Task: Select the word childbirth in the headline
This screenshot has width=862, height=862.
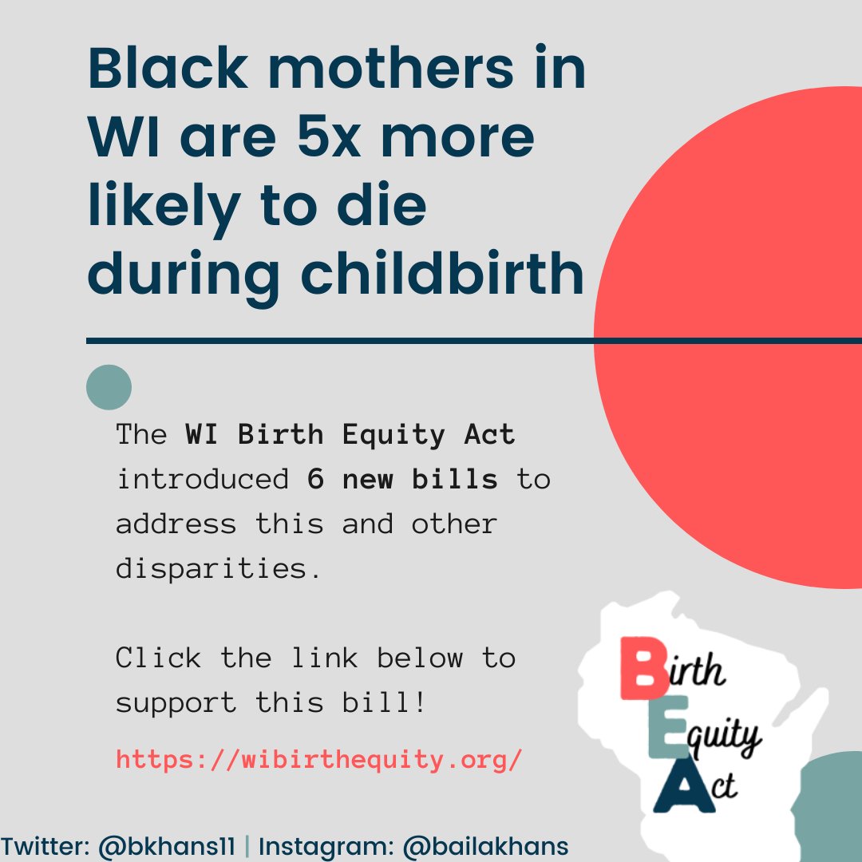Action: click(442, 274)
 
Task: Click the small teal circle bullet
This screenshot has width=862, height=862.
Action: click(109, 387)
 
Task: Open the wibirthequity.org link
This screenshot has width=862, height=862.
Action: click(319, 758)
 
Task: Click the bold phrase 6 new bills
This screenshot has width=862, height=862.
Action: click(402, 480)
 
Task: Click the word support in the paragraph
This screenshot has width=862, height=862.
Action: click(176, 703)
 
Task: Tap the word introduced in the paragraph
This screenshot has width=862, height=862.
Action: click(203, 480)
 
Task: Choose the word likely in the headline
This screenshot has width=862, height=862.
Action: click(164, 206)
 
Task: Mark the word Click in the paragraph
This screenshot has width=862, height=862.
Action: click(159, 658)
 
